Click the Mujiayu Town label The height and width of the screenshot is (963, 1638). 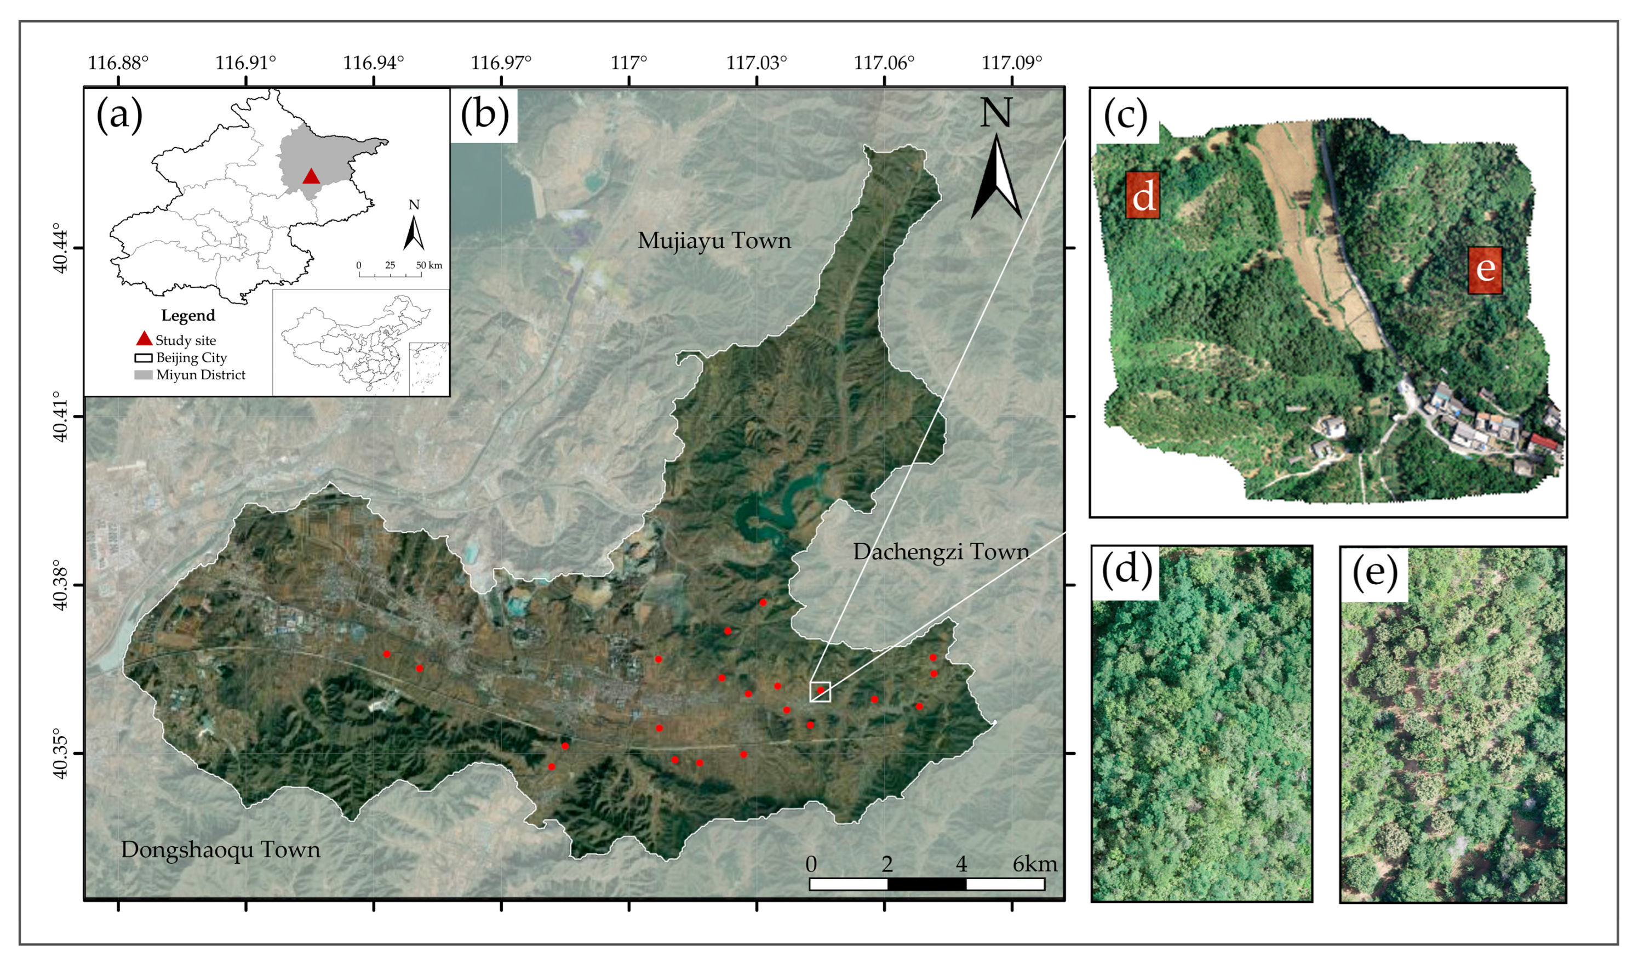click(x=714, y=241)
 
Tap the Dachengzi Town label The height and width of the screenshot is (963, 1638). click(x=941, y=551)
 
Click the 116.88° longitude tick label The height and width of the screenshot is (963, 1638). click(x=118, y=63)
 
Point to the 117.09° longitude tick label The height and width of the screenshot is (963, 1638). click(x=1012, y=63)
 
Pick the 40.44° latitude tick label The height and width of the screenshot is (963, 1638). click(x=60, y=248)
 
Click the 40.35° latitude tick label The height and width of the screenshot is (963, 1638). click(x=60, y=754)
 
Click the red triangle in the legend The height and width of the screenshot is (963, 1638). click(x=144, y=339)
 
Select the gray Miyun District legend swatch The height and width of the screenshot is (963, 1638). click(x=143, y=374)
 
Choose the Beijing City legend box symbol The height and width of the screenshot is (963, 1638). click(x=143, y=357)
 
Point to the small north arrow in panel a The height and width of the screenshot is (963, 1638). click(x=414, y=232)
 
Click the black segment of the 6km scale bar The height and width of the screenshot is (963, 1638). click(x=926, y=884)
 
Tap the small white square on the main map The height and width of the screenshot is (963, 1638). click(x=820, y=692)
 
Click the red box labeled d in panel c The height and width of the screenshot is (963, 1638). click(x=1143, y=195)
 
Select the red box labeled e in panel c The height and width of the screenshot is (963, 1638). click(x=1485, y=269)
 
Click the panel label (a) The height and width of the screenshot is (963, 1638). click(x=119, y=115)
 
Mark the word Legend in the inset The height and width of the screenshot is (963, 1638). click(x=188, y=315)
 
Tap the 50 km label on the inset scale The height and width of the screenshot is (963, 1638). click(x=429, y=265)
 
